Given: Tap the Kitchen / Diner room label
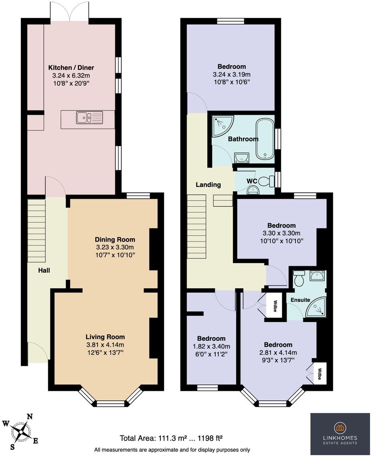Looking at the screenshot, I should [x=71, y=68].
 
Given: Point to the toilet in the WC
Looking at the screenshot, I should [x=267, y=181].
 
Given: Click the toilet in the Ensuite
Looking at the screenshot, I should [x=299, y=278].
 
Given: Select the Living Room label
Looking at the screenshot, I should [x=105, y=337].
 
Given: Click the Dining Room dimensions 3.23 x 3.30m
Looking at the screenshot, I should [x=115, y=247].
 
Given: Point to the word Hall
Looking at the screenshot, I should [x=44, y=270].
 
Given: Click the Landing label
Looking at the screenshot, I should [x=208, y=185].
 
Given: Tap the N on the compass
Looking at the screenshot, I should [x=29, y=417].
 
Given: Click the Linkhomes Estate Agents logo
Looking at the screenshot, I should [x=340, y=434].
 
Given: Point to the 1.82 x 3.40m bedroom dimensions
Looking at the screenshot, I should [x=211, y=346].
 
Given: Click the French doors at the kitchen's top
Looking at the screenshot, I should [x=70, y=12].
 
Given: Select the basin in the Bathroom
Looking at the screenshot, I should [x=242, y=158].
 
